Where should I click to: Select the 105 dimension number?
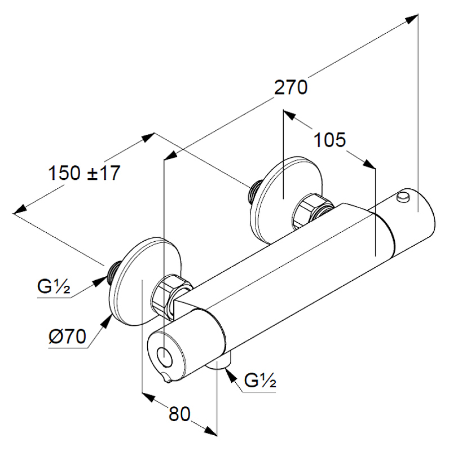point(329,140)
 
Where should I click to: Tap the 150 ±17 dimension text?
point(85,173)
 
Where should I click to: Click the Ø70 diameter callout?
point(67,337)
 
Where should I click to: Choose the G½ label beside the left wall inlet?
point(54,288)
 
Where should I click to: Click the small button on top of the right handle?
point(403,196)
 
